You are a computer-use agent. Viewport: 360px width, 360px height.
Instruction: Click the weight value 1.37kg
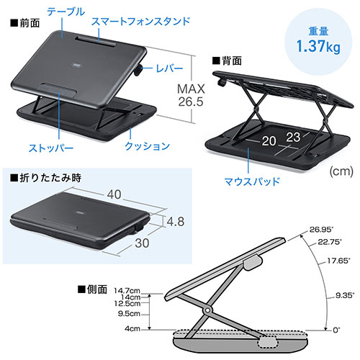318,46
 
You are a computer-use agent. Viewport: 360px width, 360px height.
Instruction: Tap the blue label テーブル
66,12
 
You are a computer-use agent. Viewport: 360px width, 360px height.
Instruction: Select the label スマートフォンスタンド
141,22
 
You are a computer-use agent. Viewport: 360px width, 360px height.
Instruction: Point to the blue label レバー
169,68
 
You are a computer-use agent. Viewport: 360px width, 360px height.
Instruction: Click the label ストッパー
51,148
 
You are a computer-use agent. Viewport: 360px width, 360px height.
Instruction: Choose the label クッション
147,145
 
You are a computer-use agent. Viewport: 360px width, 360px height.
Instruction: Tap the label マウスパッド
252,181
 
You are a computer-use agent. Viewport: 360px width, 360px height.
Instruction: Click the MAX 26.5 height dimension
191,95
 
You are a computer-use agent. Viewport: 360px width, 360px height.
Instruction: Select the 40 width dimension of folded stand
114,194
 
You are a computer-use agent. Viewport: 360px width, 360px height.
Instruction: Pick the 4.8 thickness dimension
176,221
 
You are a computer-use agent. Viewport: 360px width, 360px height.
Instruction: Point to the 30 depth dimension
142,243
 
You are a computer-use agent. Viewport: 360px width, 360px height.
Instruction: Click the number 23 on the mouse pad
293,138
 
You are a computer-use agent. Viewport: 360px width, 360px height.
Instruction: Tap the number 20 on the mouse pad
269,141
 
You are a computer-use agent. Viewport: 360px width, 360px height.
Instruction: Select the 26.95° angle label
321,230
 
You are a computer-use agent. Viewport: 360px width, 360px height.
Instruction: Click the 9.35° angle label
345,295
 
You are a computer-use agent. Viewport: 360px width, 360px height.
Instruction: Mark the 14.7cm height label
127,291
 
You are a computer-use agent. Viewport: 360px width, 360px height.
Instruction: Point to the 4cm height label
132,328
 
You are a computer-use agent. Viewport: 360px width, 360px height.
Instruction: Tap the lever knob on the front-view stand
138,70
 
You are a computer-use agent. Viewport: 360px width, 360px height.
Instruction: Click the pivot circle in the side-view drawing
207,310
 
